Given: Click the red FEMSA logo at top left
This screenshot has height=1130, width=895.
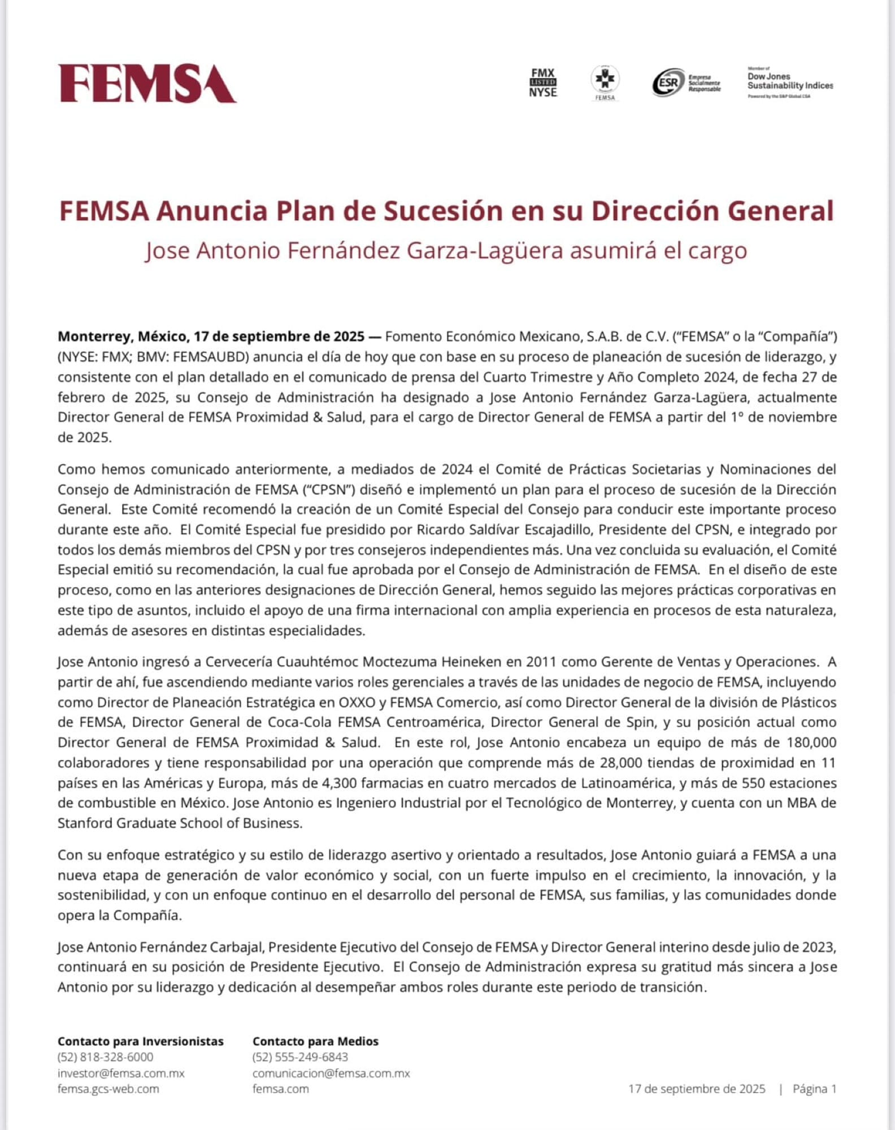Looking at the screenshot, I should [147, 84].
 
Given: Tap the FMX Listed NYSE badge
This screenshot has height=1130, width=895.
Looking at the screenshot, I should [543, 82].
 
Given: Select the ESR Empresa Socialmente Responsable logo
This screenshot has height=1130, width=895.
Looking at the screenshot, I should [686, 82].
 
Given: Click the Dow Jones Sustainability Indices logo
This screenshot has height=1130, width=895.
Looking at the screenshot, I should [790, 82].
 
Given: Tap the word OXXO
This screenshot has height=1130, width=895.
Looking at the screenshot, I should [359, 702].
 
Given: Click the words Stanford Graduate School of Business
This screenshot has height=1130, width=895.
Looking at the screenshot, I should [179, 823].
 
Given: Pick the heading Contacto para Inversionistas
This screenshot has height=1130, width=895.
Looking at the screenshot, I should [141, 1041].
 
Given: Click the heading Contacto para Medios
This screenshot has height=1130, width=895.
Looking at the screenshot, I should [315, 1041].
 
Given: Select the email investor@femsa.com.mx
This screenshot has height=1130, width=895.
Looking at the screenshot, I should [121, 1073].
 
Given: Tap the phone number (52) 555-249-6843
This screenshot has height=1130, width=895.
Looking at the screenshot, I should [300, 1057].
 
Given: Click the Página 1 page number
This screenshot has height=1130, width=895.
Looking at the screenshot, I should [814, 1089].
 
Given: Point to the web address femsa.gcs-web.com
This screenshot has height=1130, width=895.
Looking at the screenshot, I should [108, 1089].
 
